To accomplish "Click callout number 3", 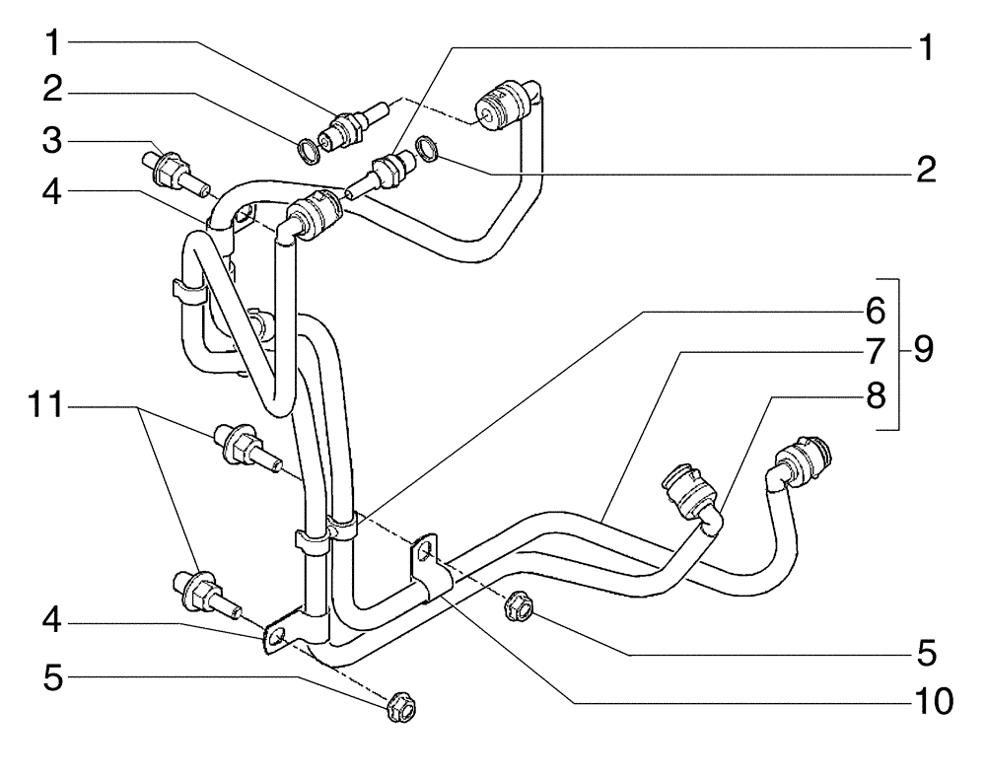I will coord(54,141).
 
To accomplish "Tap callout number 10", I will coord(929,701).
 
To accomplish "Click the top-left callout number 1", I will coord(54,44).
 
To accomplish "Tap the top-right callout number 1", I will coord(924,46).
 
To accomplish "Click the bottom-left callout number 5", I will coord(54,677).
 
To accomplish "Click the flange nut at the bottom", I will coord(399,706).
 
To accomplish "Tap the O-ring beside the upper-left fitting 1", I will coord(309,151).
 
